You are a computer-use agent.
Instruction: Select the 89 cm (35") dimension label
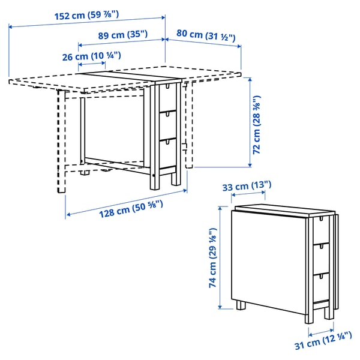click(x=122, y=35)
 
